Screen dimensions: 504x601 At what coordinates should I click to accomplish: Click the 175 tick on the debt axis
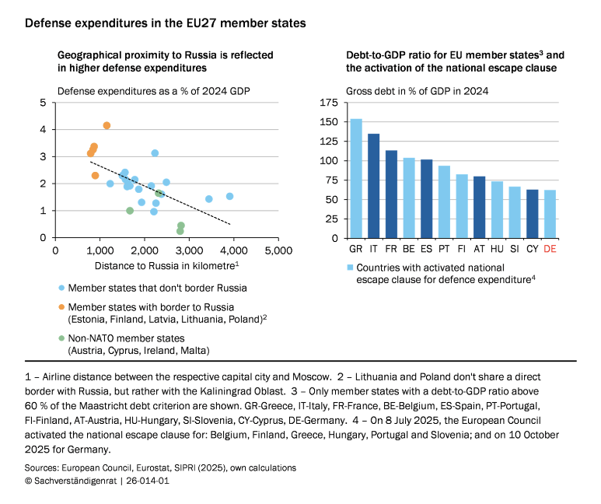pos(329,103)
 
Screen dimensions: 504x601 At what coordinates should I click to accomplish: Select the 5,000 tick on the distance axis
pos(278,251)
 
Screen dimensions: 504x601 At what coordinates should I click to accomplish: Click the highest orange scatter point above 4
pos(107,125)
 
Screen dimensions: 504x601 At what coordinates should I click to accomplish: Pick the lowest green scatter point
pos(180,231)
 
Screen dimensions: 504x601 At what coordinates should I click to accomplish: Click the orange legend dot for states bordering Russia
pos(61,306)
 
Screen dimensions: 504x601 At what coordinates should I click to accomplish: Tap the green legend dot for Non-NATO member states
pos(61,338)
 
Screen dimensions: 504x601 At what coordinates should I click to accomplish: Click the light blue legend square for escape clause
pos(351,267)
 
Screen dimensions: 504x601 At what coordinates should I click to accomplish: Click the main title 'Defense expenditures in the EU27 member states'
pos(165,23)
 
